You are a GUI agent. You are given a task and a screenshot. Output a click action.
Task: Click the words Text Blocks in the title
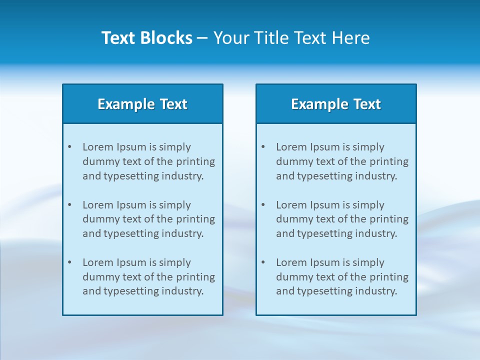coord(146,38)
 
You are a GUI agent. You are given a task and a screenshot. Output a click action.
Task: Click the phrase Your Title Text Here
coord(291,38)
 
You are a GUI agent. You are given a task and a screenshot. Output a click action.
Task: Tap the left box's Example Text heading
coord(142,104)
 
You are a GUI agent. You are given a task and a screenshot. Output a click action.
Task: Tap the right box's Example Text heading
coord(336,104)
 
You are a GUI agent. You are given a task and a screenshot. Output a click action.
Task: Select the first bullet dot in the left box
coord(69,147)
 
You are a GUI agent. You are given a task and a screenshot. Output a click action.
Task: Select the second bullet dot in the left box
coord(69,205)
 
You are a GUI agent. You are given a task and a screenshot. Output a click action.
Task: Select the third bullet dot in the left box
coord(69,262)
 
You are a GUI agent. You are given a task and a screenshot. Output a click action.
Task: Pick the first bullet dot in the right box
coord(263,147)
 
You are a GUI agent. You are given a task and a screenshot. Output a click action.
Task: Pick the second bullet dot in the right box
coord(263,205)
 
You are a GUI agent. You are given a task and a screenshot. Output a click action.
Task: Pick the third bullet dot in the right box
coord(263,262)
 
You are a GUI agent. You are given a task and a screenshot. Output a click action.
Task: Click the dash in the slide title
coord(202,38)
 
